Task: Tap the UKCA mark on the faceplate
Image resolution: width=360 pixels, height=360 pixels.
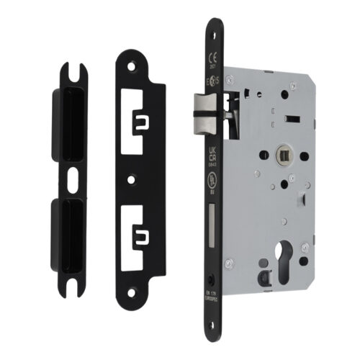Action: tap(212, 153)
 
